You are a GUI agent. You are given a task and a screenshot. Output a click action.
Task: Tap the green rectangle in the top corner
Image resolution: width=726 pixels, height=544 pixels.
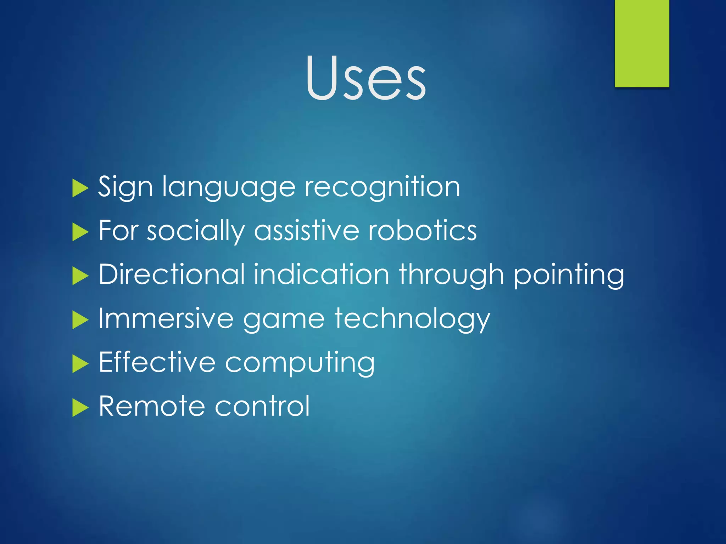(x=642, y=43)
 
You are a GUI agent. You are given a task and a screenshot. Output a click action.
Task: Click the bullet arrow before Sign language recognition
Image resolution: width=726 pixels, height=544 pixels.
(x=80, y=188)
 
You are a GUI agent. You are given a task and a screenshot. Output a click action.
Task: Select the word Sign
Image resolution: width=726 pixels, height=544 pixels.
(x=125, y=187)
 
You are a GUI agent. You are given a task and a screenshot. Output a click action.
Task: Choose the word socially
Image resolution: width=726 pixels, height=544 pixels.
(x=196, y=231)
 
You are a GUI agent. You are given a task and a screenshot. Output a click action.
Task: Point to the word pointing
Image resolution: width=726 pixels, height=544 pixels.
(x=569, y=275)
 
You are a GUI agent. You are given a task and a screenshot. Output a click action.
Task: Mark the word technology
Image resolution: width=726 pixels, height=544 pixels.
(x=412, y=319)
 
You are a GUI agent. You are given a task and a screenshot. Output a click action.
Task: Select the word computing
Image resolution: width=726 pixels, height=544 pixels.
(x=300, y=363)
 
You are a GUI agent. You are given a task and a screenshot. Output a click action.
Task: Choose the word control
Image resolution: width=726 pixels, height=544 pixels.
(x=262, y=406)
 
